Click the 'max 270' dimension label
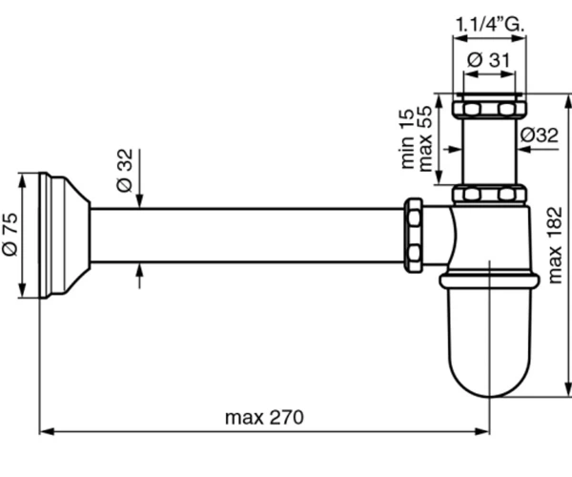coord(264,418)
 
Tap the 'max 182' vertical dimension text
coord(555,245)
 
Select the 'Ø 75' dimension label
coord(10,234)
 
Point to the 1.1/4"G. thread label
coord(490,25)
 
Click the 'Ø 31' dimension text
coord(488,59)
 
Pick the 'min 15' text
coord(407,138)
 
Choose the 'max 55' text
coord(424,138)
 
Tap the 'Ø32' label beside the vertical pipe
coord(540,135)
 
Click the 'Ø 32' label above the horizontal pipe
coord(125,170)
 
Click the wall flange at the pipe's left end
coord(64,235)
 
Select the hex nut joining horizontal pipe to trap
coord(414,235)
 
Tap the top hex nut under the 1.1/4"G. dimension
coord(490,109)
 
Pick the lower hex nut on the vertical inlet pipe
coord(490,194)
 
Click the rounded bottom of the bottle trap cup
coord(490,380)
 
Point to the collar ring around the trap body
coord(490,281)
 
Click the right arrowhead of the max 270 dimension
coord(481,432)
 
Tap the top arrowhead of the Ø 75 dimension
coord(23,181)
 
